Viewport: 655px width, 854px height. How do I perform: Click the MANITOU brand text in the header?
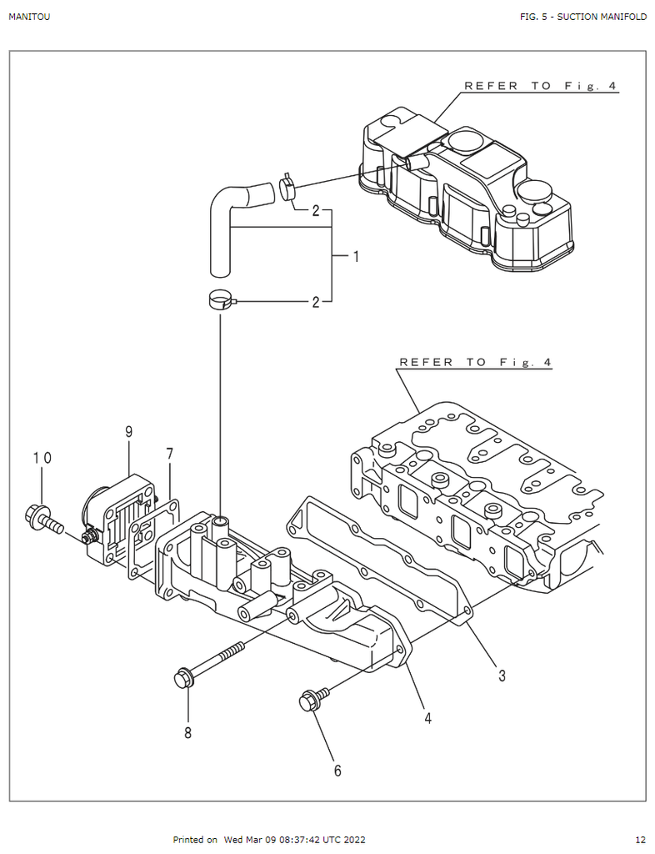(x=29, y=17)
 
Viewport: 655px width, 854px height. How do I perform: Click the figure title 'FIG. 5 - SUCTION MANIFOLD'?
(x=583, y=17)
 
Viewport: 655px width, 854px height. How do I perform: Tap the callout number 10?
(x=42, y=458)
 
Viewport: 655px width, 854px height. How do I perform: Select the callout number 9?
(x=129, y=432)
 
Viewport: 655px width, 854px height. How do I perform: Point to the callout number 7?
(x=170, y=454)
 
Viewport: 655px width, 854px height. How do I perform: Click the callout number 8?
(x=187, y=733)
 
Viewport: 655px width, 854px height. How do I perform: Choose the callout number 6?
(x=337, y=771)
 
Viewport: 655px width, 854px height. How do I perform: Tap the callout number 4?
(x=428, y=718)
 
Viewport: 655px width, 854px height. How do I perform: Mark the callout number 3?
(x=502, y=676)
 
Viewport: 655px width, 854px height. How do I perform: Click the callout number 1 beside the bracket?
(x=356, y=256)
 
